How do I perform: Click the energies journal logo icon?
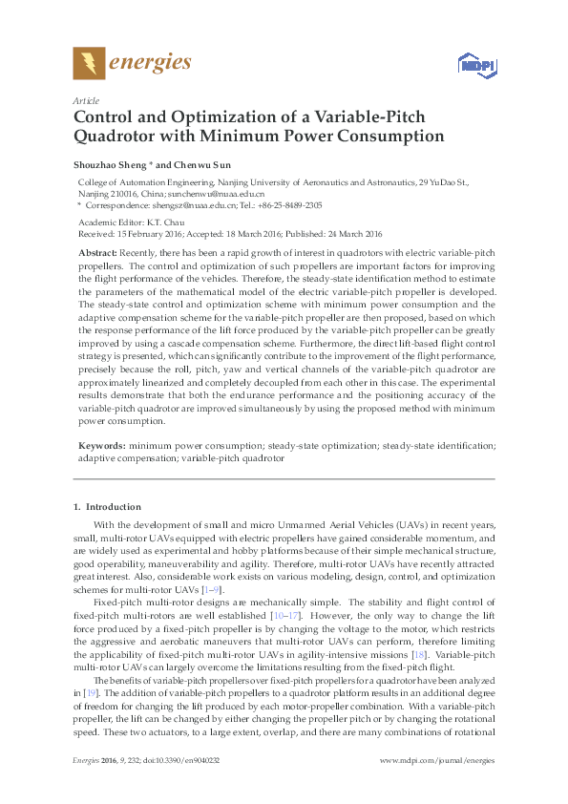[x=90, y=63]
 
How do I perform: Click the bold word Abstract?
[x=97, y=250]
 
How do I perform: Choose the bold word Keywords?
[x=101, y=446]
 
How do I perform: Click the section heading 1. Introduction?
[x=108, y=506]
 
